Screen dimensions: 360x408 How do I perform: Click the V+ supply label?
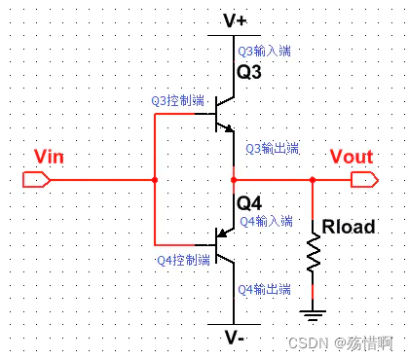coord(235,18)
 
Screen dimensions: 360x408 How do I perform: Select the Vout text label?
coord(351,158)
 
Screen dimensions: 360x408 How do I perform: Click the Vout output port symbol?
coord(363,180)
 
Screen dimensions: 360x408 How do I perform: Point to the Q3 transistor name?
coord(250,72)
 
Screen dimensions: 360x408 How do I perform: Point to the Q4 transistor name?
coord(250,203)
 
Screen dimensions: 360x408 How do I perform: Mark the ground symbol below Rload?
coord(312,314)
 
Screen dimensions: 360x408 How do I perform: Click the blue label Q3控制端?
coord(178,100)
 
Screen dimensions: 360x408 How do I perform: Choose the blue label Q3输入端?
coord(263,50)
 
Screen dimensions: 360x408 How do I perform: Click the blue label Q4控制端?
coord(181,261)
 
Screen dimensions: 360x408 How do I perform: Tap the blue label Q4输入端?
coord(265,221)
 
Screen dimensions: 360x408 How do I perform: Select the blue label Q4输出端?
coord(264,289)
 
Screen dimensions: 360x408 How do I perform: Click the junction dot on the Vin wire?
coord(155,180)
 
